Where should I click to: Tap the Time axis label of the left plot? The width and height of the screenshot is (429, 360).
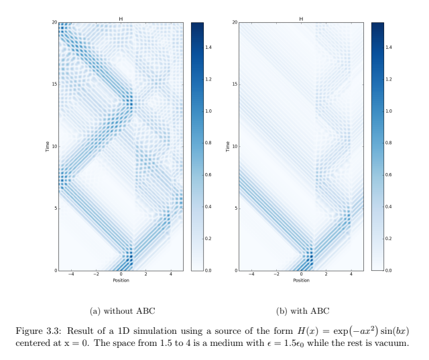pyautogui.click(x=48, y=146)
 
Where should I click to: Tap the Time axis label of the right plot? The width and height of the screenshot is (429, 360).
pyautogui.click(x=228, y=146)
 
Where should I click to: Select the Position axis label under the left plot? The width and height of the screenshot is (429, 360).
pyautogui.click(x=121, y=280)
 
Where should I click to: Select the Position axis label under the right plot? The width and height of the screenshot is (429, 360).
pyautogui.click(x=301, y=280)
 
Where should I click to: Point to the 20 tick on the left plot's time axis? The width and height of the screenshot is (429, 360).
pyautogui.click(x=55, y=22)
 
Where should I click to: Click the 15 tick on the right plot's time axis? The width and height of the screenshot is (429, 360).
pyautogui.click(x=235, y=84)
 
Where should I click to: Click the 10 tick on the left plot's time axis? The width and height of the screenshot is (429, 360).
pyautogui.click(x=55, y=146)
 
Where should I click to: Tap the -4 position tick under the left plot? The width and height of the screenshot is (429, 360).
pyautogui.click(x=71, y=274)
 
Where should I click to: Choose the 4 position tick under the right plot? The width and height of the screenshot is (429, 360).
pyautogui.click(x=351, y=274)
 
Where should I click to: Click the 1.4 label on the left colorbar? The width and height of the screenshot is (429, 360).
pyautogui.click(x=209, y=48)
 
